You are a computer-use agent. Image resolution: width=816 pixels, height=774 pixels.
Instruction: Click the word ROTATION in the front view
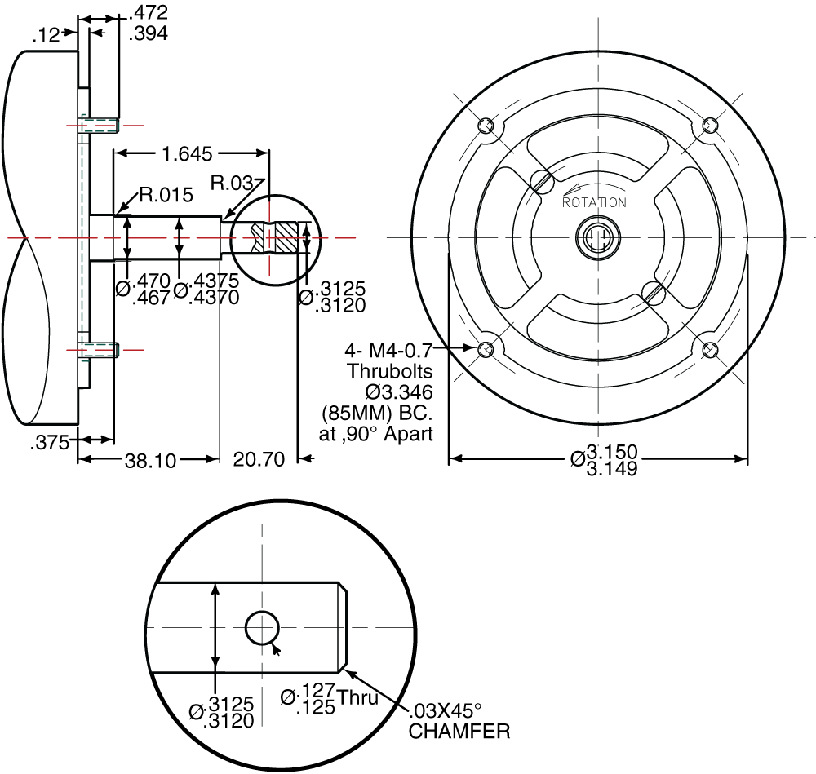595,202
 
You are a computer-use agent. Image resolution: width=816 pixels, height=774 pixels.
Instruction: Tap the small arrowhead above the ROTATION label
572,188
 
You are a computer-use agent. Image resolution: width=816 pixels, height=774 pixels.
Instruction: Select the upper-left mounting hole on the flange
486,126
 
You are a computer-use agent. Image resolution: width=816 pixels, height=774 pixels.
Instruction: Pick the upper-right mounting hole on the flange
711,126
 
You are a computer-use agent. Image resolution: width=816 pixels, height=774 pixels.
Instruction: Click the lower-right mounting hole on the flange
711,350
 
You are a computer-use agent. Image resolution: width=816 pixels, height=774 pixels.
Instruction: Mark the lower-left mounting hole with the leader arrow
486,350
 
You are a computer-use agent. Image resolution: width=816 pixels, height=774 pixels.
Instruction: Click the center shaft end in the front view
598,238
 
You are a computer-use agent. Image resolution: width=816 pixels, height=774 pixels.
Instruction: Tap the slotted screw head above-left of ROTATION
540,180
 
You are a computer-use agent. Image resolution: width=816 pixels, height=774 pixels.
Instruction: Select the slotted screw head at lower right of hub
654,294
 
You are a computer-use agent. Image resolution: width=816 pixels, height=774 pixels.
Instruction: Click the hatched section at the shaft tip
284,238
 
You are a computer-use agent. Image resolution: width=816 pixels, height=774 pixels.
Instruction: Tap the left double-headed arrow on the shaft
126,238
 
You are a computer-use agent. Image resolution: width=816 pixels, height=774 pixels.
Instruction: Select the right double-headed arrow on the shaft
180,238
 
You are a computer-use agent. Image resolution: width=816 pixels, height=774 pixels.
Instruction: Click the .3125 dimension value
231,704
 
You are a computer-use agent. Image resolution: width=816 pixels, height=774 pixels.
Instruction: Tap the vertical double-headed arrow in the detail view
215,626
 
